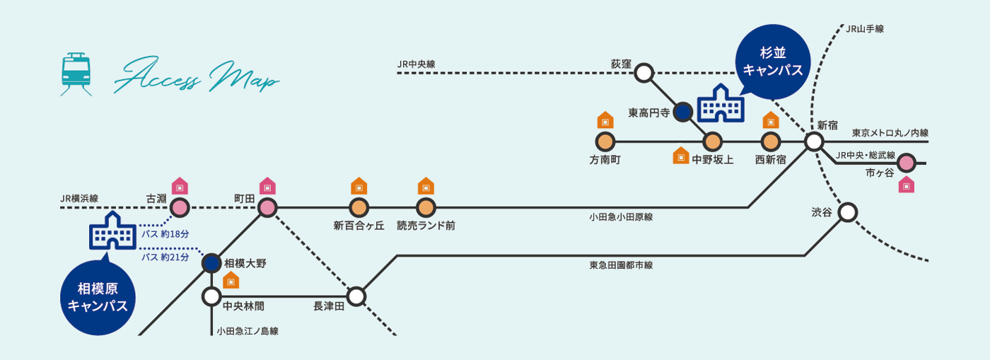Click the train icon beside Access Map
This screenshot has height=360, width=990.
(x=76, y=74)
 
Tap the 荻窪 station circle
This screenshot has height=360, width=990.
(x=643, y=72)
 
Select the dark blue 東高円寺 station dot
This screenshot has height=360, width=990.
(x=682, y=111)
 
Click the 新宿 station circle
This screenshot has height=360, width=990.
(x=814, y=141)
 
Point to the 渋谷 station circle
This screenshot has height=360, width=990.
(x=847, y=211)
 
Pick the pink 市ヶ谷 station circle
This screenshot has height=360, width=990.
(x=907, y=163)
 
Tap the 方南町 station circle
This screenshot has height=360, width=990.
(x=605, y=141)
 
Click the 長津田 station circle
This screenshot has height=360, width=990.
(x=356, y=296)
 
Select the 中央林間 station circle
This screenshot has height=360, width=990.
(x=212, y=296)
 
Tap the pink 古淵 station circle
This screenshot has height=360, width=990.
(x=180, y=208)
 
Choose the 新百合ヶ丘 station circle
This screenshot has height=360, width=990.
(x=359, y=208)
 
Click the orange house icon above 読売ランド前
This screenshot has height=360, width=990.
(x=426, y=186)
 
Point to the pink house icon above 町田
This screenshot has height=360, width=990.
(x=267, y=186)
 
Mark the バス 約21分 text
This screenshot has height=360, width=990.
(x=165, y=257)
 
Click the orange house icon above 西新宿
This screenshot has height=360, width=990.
(x=771, y=120)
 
